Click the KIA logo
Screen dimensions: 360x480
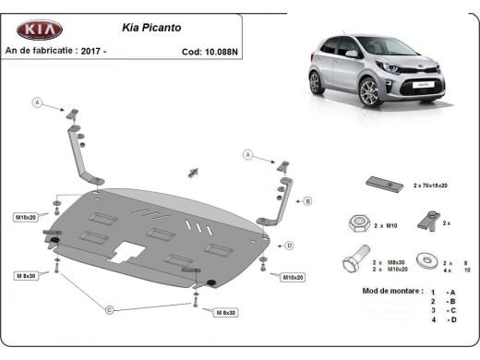37,30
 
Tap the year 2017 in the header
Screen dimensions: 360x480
90,52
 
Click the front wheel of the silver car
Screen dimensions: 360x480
369,93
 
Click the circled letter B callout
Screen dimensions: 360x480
307,200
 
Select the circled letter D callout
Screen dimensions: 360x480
289,246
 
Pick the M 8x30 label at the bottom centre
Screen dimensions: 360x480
225,313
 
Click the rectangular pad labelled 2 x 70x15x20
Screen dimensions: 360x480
382,184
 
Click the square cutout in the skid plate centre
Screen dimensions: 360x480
126,251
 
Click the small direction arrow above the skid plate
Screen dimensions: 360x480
194,172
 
